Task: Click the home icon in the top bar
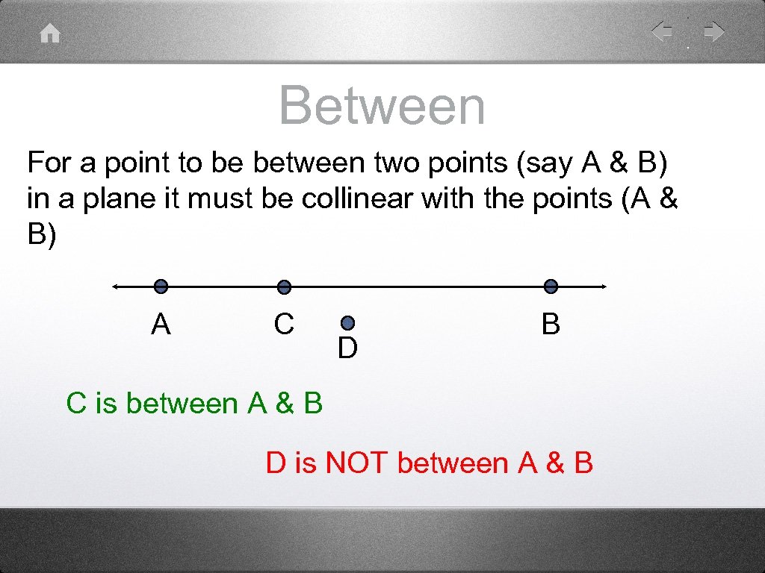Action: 50,34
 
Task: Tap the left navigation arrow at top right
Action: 661,32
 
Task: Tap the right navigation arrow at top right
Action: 714,32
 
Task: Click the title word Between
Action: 382,106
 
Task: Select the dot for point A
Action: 161,286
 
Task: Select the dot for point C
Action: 283,286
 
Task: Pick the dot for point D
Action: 347,323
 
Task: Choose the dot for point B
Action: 551,286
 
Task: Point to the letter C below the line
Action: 283,325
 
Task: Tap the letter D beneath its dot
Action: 347,348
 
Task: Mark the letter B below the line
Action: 551,325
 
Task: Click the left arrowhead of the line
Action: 115,286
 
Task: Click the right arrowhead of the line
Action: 602,286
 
